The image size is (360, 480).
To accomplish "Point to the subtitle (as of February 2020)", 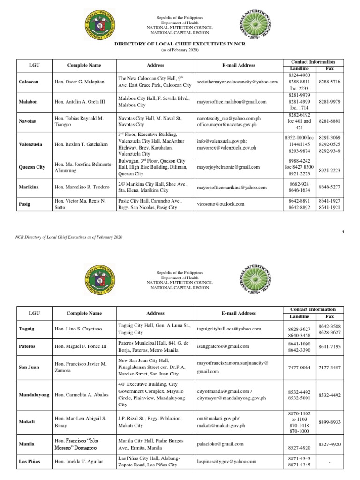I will tap(180, 49).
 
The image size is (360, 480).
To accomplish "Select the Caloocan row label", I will tap(29, 82).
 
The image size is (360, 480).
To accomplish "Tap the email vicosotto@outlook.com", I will tap(220, 204).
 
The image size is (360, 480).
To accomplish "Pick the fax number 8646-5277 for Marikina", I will tap(330, 187).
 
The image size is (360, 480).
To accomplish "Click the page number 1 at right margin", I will tap(344, 231).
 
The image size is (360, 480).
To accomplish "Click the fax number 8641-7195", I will tap(330, 347).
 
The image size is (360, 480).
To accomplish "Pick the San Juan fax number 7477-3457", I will tap(330, 367).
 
